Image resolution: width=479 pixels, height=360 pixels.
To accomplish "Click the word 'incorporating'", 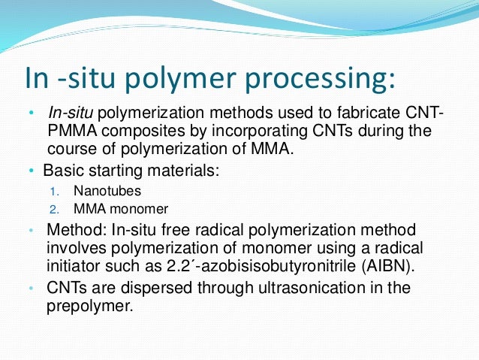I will (x=244, y=130).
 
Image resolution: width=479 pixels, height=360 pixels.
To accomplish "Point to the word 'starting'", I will (x=114, y=170).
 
